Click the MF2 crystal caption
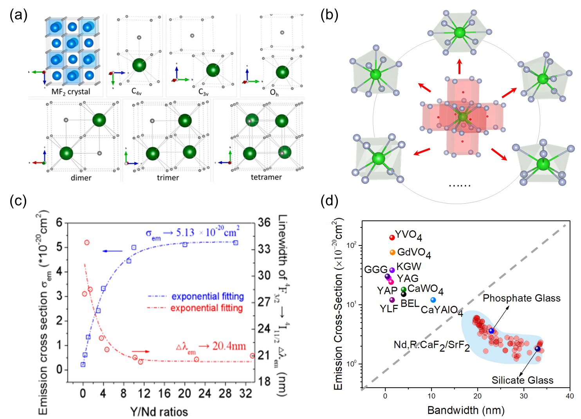click(70, 92)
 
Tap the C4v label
click(137, 91)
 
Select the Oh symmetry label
click(274, 93)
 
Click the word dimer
click(81, 178)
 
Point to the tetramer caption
click(266, 177)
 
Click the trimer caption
click(168, 178)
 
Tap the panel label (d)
click(329, 201)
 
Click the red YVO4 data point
click(392, 237)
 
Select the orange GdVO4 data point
click(392, 252)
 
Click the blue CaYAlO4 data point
click(433, 300)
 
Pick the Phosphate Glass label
click(521, 298)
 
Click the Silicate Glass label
click(523, 380)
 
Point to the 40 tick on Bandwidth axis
click(570, 396)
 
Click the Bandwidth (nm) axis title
click(466, 410)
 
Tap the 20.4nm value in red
click(229, 346)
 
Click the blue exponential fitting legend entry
click(207, 297)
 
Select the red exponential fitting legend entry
click(206, 308)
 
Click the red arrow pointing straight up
click(460, 66)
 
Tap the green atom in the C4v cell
click(139, 65)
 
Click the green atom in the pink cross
click(463, 117)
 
